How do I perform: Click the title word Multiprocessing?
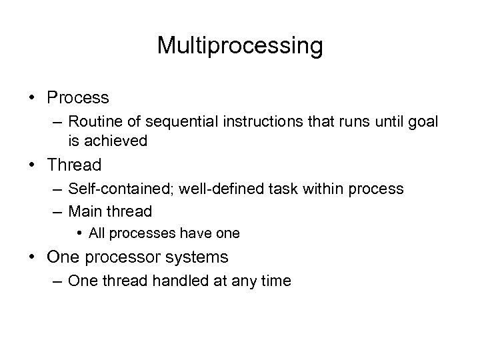point(240,45)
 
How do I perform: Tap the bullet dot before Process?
point(33,98)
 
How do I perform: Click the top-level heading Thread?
point(75,165)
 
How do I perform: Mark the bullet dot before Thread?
point(33,165)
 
